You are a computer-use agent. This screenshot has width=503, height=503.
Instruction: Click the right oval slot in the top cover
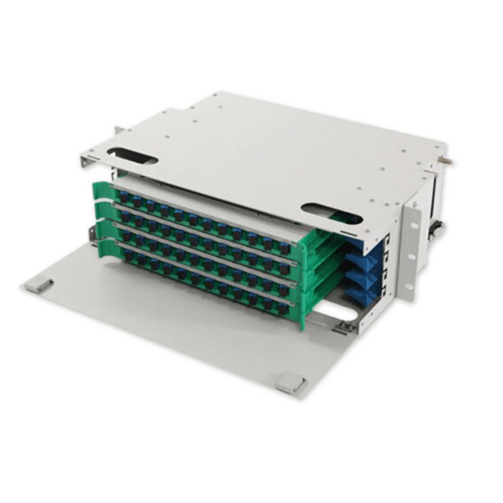(x=331, y=213)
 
